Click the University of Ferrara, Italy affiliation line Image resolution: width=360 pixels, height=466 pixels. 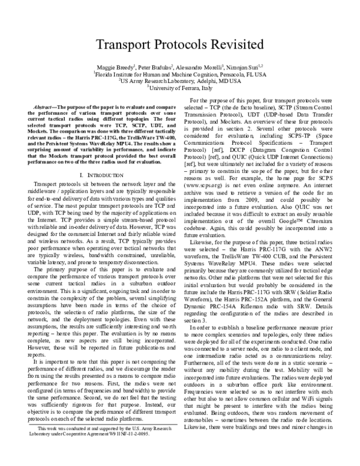click(180, 86)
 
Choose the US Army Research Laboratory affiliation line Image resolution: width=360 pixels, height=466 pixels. click(179, 80)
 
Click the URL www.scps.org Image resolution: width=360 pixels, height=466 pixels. click(209, 187)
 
